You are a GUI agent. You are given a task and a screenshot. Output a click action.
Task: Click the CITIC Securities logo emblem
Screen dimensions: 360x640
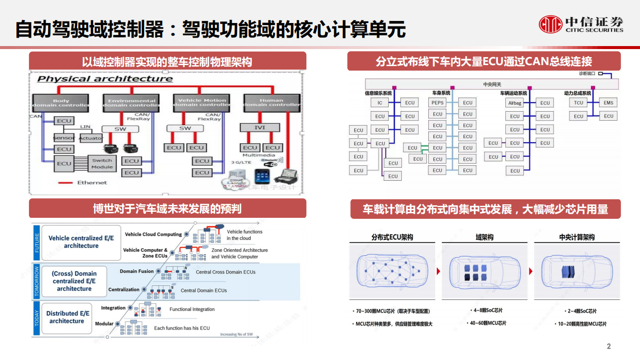point(550,24)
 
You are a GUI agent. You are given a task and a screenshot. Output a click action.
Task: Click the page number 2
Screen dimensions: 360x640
point(609,346)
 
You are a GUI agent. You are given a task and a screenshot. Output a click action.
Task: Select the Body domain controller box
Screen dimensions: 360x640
point(61,103)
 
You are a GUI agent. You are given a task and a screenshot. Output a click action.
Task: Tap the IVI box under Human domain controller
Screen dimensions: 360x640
point(260,128)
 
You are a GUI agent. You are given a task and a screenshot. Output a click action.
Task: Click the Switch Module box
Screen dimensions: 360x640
point(102,164)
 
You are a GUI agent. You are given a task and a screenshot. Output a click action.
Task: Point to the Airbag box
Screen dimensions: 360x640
point(515,103)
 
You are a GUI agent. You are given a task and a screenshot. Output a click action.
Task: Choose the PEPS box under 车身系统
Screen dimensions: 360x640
point(437,103)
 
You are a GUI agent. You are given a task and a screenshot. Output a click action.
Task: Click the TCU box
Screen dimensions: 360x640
point(578,103)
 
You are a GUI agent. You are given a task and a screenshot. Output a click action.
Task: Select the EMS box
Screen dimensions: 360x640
point(608,103)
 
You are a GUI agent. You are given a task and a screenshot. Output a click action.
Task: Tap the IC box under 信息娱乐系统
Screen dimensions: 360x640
point(380,103)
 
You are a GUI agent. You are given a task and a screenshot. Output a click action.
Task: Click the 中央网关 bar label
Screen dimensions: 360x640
point(492,84)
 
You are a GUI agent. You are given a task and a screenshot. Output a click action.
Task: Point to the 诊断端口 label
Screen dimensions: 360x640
point(587,74)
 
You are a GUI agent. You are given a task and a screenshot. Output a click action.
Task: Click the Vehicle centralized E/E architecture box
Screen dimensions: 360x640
point(81,242)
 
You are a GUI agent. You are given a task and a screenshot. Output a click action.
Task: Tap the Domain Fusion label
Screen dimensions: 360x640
point(136,271)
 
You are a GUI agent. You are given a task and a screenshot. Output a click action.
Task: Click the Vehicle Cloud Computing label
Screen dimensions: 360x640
point(153,234)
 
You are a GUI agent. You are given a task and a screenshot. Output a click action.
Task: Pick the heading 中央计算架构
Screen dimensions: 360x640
point(576,237)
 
